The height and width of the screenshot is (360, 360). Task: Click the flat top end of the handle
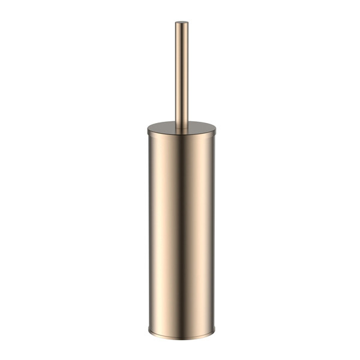(x=181, y=24)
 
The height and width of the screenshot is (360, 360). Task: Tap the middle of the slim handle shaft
(x=181, y=72)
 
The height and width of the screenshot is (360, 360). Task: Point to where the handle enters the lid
(x=181, y=127)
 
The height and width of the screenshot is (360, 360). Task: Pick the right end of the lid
(x=215, y=128)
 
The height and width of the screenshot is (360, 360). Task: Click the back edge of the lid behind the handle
(x=181, y=121)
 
